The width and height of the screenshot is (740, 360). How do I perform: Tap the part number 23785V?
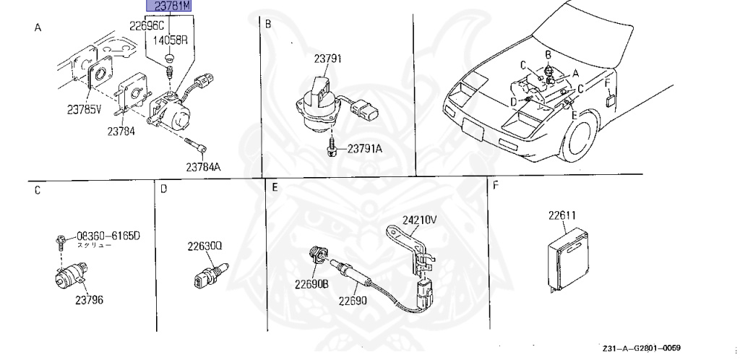(x=85, y=111)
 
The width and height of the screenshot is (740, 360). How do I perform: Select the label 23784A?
(x=202, y=166)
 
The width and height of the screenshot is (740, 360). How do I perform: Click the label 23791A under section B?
(x=364, y=149)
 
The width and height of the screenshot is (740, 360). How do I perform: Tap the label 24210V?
(x=420, y=218)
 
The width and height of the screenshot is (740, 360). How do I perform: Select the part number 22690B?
(x=311, y=283)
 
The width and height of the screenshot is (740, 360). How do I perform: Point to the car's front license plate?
(x=473, y=132)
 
